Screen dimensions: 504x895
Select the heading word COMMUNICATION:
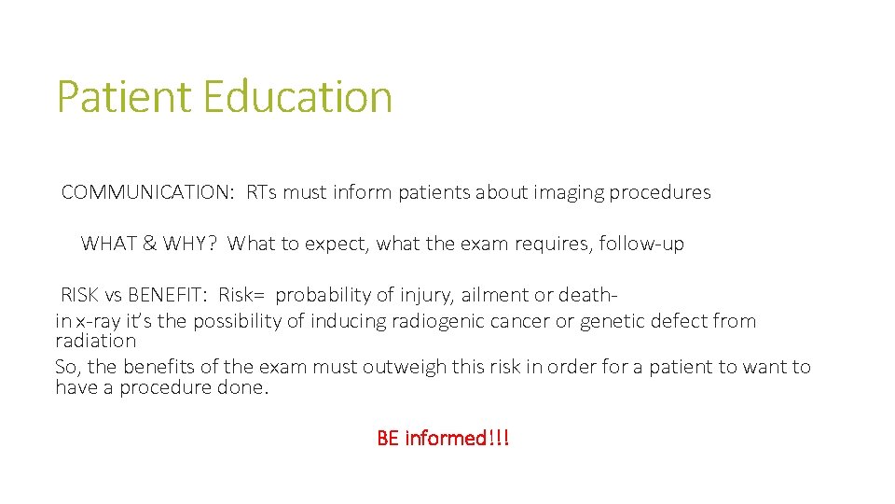(x=147, y=193)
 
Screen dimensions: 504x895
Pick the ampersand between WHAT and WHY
(x=149, y=245)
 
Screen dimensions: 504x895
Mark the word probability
(x=324, y=296)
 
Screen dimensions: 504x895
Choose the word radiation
(x=95, y=342)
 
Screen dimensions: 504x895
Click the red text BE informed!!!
(x=443, y=438)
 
